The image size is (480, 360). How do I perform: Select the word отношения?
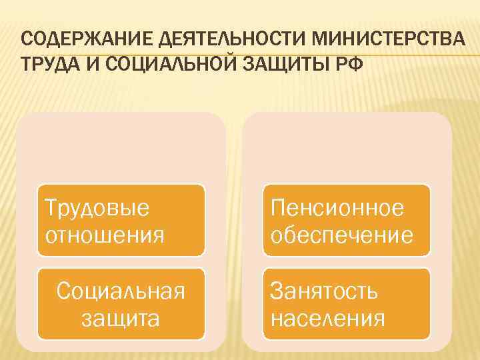(x=104, y=235)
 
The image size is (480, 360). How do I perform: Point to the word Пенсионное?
(x=337, y=209)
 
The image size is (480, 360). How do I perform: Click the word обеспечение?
(x=342, y=235)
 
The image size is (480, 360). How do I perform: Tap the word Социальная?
(x=121, y=291)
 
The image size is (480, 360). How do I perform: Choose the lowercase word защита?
(x=121, y=318)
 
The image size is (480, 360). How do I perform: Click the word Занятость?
(x=325, y=291)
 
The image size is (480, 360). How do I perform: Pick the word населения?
(x=328, y=318)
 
